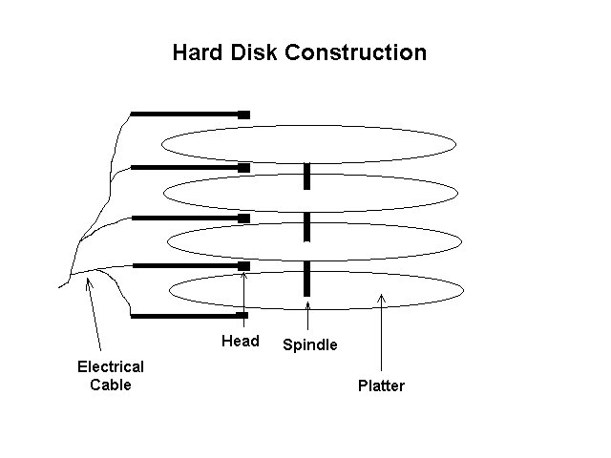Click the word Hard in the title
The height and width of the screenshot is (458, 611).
point(198,52)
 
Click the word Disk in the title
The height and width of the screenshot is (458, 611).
point(254,52)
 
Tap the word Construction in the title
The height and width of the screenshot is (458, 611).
point(356,52)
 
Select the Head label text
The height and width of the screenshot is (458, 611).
point(241,341)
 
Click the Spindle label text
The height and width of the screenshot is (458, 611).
point(310,344)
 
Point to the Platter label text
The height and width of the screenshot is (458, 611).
point(381,385)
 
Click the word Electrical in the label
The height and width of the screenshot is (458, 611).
point(111,366)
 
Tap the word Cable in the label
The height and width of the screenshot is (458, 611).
point(111,385)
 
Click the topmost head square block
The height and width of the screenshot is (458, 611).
point(244,114)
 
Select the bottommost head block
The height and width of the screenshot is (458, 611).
point(242,315)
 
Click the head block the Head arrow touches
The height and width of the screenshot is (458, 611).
point(244,266)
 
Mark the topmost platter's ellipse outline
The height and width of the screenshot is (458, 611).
point(308,125)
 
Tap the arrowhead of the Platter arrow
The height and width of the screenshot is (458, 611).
point(382,298)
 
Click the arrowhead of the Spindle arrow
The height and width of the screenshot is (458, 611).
point(307,304)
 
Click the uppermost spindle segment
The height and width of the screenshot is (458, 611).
point(307,177)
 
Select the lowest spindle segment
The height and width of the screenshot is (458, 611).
point(307,279)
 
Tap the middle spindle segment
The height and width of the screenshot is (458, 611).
point(307,227)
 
